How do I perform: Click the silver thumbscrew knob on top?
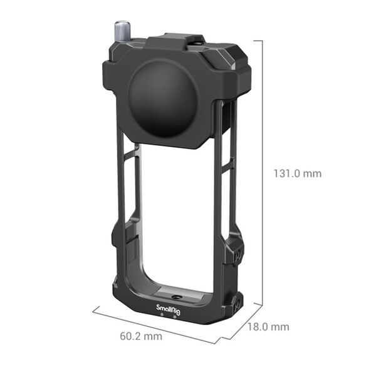tap(121, 30)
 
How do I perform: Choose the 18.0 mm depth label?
tap(268, 327)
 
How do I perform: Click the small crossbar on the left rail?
tap(130, 153)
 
